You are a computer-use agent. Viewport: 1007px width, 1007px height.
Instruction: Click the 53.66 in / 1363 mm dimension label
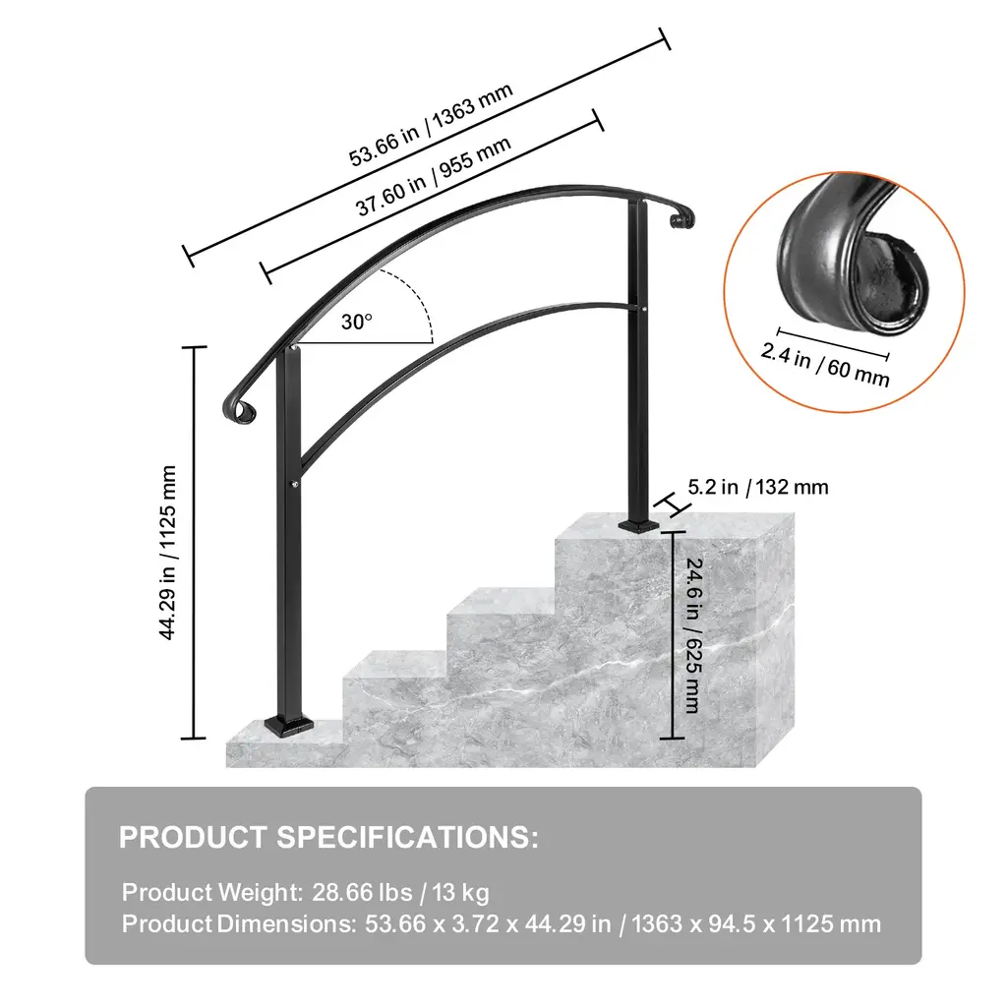tap(431, 125)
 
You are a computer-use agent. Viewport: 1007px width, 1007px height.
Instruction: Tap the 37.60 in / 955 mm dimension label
tap(434, 176)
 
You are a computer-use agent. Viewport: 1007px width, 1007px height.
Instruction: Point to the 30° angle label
tap(356, 322)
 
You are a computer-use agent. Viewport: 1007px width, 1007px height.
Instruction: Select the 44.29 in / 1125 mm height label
tap(167, 553)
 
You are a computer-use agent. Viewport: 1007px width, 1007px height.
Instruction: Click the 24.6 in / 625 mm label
tap(693, 635)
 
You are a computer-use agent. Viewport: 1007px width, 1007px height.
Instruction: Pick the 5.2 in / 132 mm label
tap(758, 487)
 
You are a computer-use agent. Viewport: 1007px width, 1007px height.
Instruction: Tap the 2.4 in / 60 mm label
tap(825, 365)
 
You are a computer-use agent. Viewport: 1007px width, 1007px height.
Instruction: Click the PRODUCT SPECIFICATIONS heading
tap(328, 838)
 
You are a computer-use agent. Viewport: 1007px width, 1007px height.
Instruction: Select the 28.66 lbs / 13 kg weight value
tap(401, 892)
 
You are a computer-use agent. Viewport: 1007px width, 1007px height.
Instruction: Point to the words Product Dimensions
tap(238, 923)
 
